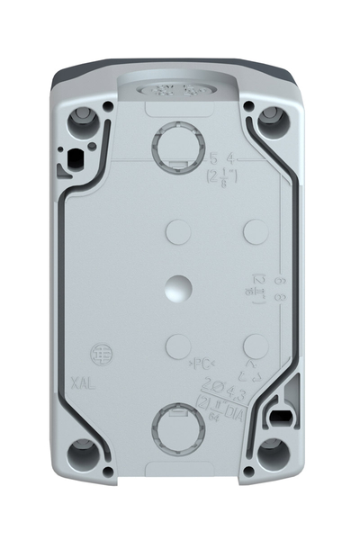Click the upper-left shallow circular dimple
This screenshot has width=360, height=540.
click(x=178, y=234)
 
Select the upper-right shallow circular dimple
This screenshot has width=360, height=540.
click(x=256, y=234)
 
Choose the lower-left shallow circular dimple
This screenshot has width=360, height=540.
click(x=178, y=345)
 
